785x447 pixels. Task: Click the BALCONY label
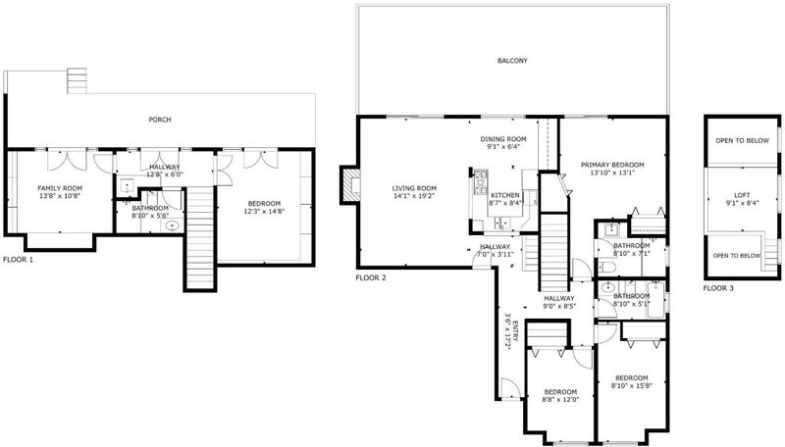point(512,61)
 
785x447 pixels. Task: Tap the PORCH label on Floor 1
point(160,120)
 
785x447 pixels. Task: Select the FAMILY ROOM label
point(60,188)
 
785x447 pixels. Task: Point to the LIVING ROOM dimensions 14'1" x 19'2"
point(414,196)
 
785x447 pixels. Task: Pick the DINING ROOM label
point(503,139)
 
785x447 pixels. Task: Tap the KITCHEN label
point(505,195)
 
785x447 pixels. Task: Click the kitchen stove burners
point(481,182)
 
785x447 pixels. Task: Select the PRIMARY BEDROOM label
point(612,165)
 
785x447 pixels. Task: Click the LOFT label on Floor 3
point(742,195)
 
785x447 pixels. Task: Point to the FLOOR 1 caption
point(18,260)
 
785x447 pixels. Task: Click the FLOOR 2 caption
point(371,278)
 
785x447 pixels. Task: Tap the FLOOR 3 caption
point(718,288)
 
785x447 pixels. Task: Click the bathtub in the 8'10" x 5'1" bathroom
point(655,300)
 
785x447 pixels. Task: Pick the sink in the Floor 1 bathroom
point(173,226)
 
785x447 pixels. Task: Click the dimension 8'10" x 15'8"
point(631,385)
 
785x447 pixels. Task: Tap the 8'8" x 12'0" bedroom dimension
point(560,400)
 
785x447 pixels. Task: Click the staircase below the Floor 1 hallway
point(200,237)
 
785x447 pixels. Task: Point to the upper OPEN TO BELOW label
point(742,140)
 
